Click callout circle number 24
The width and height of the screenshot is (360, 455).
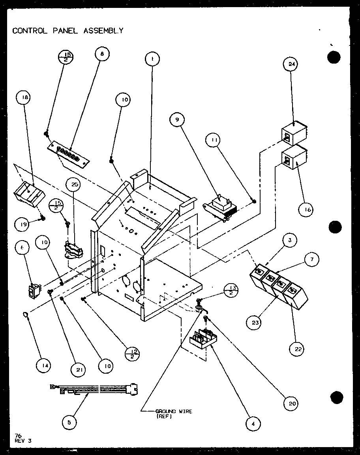tap(292, 64)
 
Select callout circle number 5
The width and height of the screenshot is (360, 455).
tap(69, 422)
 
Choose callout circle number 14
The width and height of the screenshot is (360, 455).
tap(45, 366)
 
